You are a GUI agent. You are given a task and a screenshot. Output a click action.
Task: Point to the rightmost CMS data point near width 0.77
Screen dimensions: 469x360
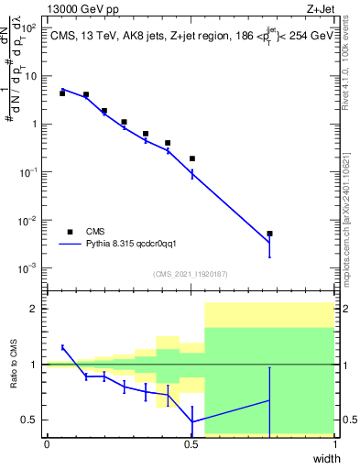[269, 234]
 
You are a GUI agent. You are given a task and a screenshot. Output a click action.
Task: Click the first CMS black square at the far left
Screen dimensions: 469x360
[62, 93]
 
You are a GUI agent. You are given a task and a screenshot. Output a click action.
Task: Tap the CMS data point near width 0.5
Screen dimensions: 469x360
[192, 158]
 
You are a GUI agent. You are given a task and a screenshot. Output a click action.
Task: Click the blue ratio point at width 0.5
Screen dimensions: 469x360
[192, 421]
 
